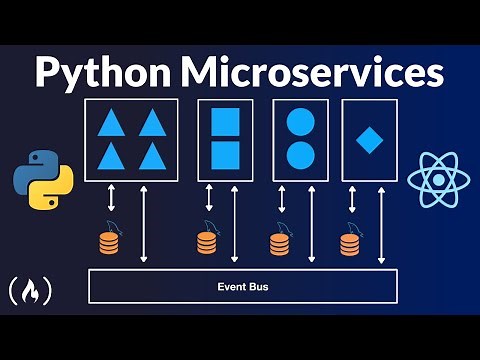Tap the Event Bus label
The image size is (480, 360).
[244, 287]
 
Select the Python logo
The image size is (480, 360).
[39, 180]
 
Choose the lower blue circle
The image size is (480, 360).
[299, 154]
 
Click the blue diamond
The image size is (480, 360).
[369, 139]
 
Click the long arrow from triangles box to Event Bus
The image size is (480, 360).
[145, 224]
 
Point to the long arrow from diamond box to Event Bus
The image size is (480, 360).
[381, 224]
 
